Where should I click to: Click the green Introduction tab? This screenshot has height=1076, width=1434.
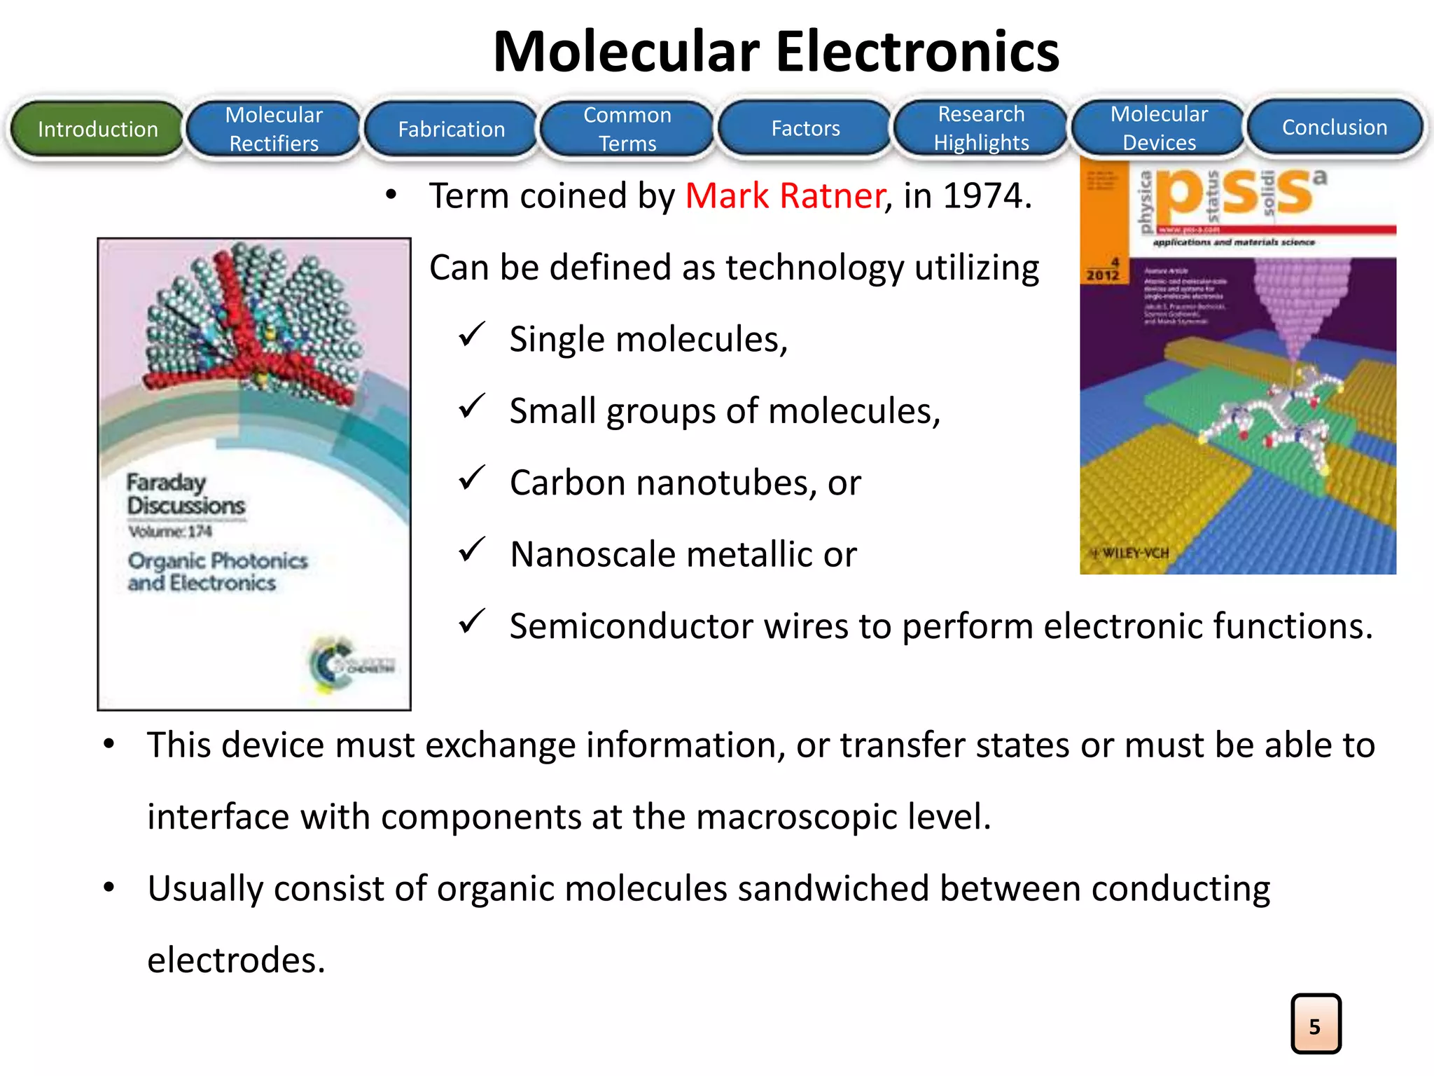click(97, 129)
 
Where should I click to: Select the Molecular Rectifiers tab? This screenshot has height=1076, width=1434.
click(274, 129)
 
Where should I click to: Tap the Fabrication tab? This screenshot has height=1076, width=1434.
click(451, 129)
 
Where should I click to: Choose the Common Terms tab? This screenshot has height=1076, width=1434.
click(627, 129)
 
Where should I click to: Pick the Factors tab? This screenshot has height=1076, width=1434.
click(805, 128)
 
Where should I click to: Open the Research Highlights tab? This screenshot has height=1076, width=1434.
click(981, 128)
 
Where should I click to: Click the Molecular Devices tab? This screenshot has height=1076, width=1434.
click(1159, 128)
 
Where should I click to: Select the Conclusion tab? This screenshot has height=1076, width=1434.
click(1335, 127)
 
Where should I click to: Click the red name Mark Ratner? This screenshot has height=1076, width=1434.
click(785, 195)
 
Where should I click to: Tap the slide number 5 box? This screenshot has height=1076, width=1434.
click(1316, 1024)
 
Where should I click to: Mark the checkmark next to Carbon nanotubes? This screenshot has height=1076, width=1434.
click(472, 478)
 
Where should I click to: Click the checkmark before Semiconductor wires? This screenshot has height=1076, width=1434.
click(472, 621)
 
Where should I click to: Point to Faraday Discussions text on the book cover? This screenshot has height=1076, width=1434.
click(185, 494)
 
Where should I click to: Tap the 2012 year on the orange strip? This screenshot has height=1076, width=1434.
click(1102, 275)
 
